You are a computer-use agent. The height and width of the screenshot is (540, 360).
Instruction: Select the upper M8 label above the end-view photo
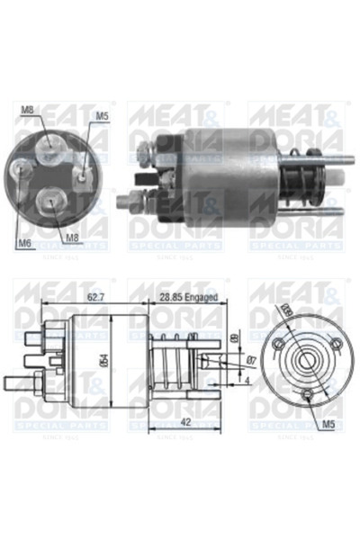(27, 111)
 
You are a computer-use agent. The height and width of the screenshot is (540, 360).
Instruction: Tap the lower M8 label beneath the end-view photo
(74, 238)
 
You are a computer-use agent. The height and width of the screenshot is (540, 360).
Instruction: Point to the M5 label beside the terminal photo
(102, 116)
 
